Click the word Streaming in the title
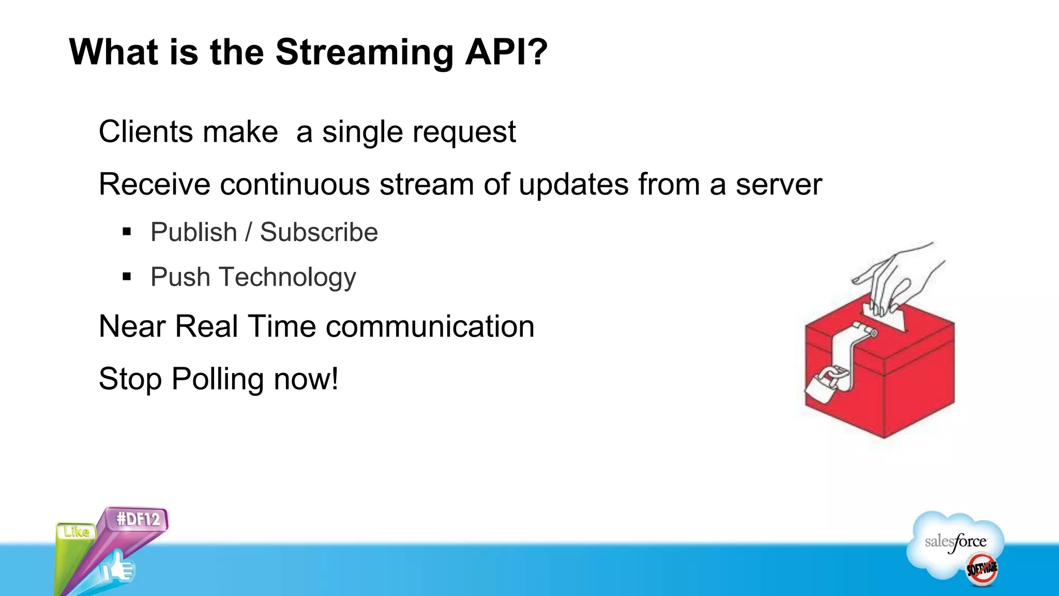(364, 53)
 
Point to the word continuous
(295, 184)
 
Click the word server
(778, 185)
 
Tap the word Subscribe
(319, 232)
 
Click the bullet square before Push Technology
(127, 277)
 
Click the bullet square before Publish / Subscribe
(127, 232)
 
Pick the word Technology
(288, 278)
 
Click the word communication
(430, 327)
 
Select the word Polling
(218, 379)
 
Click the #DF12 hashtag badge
(138, 519)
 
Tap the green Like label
(76, 531)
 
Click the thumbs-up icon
(117, 568)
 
